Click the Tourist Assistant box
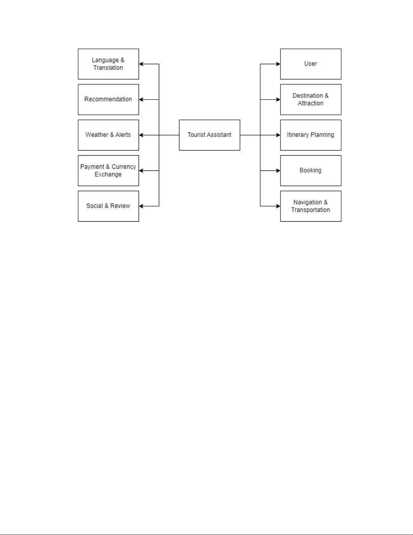coord(209,135)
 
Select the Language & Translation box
coord(109,64)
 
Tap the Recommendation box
coord(109,100)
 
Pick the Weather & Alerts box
coord(109,135)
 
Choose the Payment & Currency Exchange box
coord(109,170)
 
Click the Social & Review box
coord(109,206)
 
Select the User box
coord(311,64)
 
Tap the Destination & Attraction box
coord(311,100)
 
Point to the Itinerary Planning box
coord(311,135)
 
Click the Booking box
coord(311,170)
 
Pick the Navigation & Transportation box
coord(311,206)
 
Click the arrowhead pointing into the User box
coord(278,64)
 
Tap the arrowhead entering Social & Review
coord(141,206)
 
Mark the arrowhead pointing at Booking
coord(278,170)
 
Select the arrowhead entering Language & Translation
coord(141,64)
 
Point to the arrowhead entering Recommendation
coord(141,100)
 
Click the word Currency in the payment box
coord(124,167)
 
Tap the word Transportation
coord(311,210)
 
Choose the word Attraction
coord(311,103)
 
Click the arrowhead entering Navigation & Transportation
coord(278,206)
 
